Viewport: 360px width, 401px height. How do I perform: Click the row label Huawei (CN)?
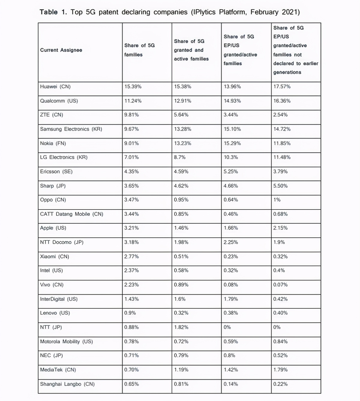click(55, 87)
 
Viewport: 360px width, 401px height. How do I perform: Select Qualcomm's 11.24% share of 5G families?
click(133, 101)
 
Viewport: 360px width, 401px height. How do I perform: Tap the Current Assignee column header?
click(61, 50)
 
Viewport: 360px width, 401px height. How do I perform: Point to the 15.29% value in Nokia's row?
click(232, 143)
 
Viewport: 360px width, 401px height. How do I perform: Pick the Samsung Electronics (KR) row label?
click(71, 129)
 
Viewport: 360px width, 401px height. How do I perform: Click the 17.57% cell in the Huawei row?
click(282, 87)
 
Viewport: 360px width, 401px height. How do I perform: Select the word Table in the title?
click(49, 12)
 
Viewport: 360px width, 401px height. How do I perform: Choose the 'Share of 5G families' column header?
click(139, 50)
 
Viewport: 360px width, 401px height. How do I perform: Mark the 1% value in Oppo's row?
click(277, 200)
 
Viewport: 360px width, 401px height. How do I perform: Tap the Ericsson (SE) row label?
click(56, 172)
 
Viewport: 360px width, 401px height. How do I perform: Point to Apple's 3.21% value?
click(131, 228)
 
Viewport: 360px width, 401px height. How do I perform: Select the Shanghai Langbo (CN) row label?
click(67, 384)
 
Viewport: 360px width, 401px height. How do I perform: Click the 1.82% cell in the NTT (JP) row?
click(181, 327)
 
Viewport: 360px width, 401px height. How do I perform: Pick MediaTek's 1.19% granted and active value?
click(181, 370)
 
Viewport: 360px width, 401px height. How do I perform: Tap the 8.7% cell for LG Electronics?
click(179, 157)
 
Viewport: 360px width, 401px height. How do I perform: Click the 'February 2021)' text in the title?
click(275, 12)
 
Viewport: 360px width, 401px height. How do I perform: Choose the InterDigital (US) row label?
click(58, 299)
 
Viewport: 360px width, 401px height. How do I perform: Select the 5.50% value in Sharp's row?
click(280, 186)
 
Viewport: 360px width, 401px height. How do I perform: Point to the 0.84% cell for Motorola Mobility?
click(280, 341)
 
